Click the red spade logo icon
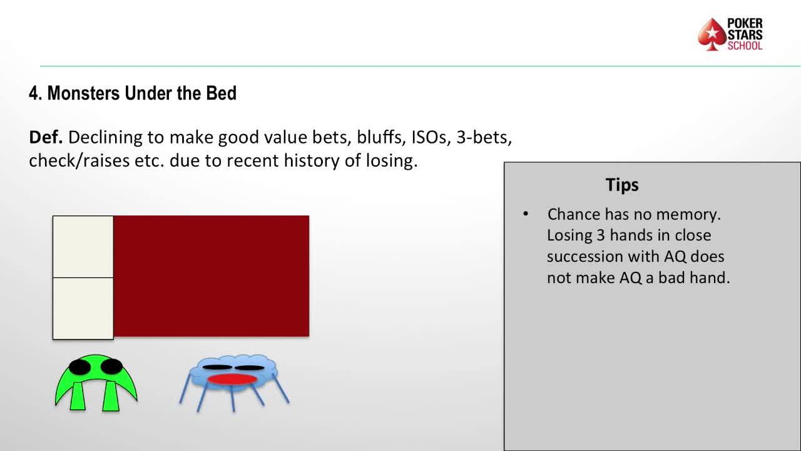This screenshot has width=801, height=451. click(712, 34)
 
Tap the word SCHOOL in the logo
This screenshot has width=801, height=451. click(745, 46)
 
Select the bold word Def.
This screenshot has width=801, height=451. click(46, 137)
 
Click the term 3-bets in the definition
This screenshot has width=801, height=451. click(484, 137)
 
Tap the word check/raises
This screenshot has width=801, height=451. click(79, 160)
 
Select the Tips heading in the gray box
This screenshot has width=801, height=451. click(622, 185)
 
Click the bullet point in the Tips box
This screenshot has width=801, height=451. click(525, 214)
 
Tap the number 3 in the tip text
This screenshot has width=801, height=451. click(601, 236)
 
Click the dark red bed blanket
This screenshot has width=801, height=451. click(212, 276)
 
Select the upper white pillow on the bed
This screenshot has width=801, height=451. click(83, 247)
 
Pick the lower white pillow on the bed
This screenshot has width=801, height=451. click(83, 309)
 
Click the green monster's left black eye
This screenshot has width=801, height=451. click(79, 367)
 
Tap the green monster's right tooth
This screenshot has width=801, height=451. click(111, 396)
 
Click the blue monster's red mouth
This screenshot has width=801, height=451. click(232, 379)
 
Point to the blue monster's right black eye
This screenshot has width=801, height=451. click(249, 368)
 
